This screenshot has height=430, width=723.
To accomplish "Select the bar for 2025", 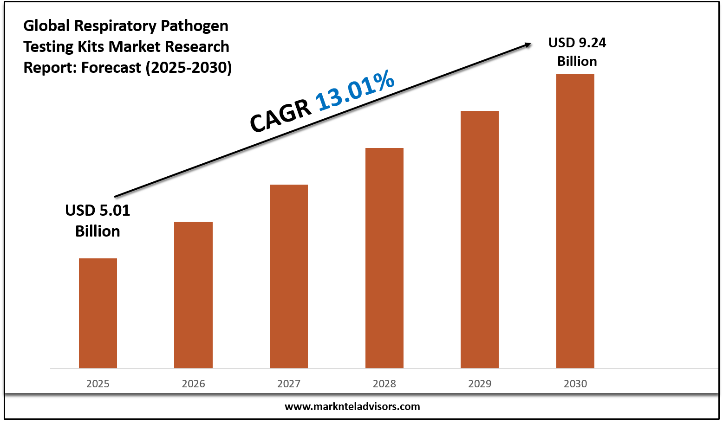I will coord(98,313).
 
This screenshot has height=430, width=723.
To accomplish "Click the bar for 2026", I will coord(193,295).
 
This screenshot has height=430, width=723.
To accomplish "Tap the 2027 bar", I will coord(289,276).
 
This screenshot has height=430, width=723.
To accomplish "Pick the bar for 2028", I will coord(384,258).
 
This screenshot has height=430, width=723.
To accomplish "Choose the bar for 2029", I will coord(480,239).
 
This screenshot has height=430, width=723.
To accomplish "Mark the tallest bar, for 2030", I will coord(575,221).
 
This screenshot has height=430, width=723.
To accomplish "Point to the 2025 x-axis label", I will coord(98,384).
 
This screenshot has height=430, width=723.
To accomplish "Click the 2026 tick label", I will coord(193,384).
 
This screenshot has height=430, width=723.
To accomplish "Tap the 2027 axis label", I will coord(289,384).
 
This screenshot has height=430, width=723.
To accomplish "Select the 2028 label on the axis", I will coord(384,384).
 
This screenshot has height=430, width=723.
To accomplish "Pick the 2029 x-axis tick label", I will coord(480,384).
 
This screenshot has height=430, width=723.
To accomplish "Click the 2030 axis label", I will coord(575,384).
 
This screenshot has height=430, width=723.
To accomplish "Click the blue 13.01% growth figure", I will coord(355,91).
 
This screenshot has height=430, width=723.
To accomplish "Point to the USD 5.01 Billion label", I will coord(98,220).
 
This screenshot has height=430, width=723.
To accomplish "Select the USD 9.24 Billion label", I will coord(577,52).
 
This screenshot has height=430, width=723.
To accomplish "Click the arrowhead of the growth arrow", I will coord(528,45).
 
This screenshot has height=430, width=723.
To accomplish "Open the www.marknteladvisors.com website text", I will coord(352,407).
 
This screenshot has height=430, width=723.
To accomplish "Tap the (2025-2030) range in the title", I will coord(189,68).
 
